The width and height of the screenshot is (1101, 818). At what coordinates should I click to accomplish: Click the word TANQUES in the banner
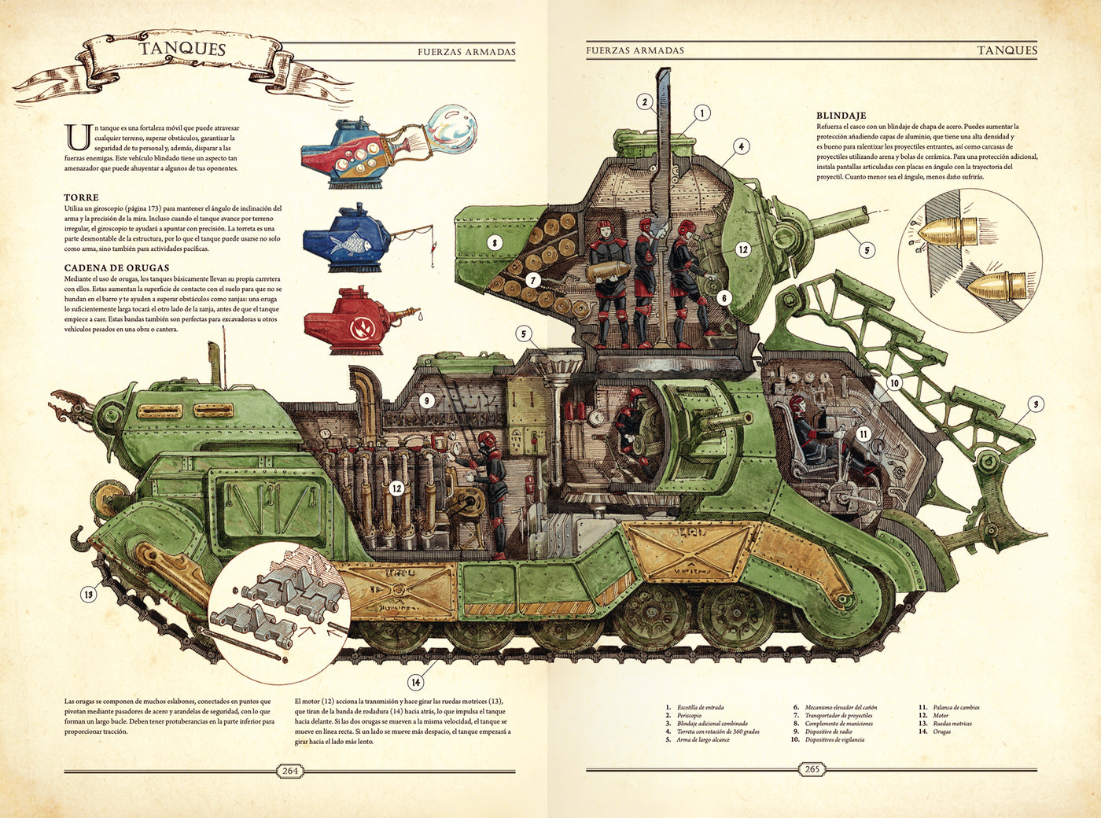point(182,48)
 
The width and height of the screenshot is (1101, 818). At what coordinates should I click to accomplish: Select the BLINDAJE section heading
point(841,116)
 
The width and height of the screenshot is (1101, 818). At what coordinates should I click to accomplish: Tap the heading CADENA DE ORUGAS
point(116,267)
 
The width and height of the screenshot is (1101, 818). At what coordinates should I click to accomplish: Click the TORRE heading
point(81,197)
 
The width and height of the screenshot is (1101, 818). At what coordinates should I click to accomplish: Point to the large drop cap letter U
point(78,137)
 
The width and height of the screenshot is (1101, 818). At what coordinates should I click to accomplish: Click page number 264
point(290,770)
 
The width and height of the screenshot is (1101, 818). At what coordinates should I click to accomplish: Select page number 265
point(812,768)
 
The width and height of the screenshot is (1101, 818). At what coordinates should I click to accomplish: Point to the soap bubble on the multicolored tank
point(452,129)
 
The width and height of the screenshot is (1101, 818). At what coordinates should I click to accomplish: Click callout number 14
point(415,682)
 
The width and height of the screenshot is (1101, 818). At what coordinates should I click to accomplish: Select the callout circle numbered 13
point(88,595)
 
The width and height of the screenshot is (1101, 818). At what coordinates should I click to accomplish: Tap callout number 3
point(1036,404)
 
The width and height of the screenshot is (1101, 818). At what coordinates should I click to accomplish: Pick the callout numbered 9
point(426,400)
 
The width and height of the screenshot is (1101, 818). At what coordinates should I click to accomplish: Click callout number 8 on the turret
point(494,243)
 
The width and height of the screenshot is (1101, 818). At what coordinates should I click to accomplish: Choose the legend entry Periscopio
point(689,716)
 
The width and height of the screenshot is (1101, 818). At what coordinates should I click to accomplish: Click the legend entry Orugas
point(941,731)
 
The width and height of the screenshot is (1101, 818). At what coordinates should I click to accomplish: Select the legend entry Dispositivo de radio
point(828,731)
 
